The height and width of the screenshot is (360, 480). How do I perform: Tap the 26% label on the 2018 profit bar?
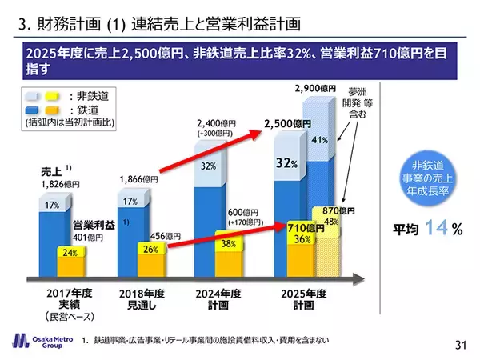click(x=149, y=249)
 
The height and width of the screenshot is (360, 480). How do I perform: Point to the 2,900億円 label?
click(x=311, y=87)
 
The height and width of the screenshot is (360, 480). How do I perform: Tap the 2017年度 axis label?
click(x=67, y=294)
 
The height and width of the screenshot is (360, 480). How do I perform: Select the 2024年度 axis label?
click(x=219, y=294)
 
